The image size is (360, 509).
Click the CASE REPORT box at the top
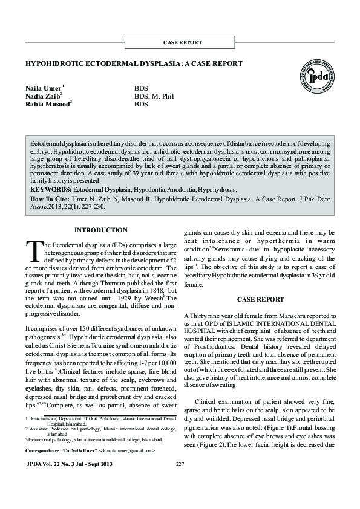pyautogui.click(x=183, y=42)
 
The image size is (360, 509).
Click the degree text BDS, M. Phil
pyautogui.click(x=154, y=96)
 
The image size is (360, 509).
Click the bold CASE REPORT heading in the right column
pyautogui.click(x=260, y=299)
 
